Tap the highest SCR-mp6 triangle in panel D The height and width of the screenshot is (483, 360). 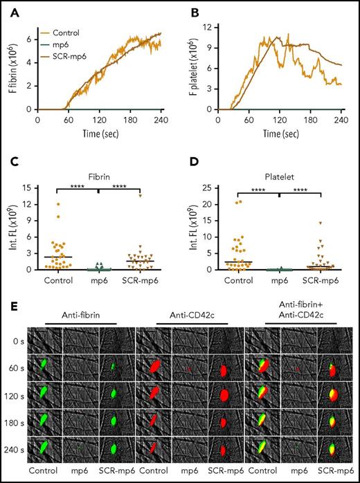click(321, 223)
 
